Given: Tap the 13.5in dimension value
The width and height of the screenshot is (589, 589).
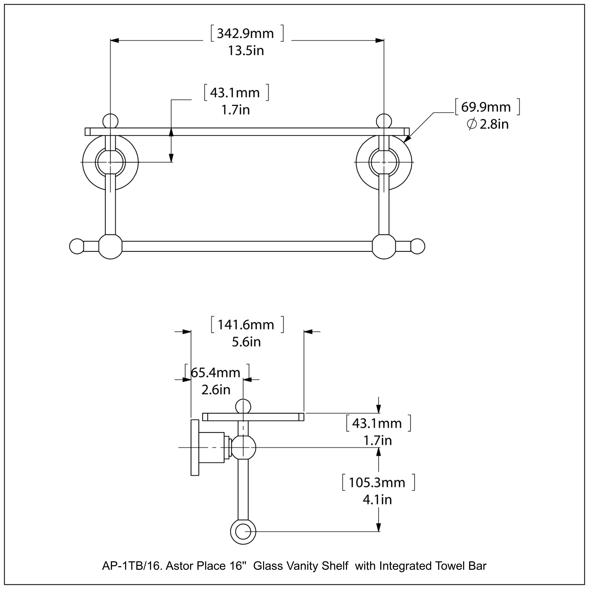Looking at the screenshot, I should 246,51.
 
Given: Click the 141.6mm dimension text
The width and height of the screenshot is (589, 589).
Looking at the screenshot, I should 246,325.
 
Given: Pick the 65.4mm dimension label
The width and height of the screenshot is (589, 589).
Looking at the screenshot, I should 216,373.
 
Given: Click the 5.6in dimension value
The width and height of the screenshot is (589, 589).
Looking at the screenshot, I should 246,342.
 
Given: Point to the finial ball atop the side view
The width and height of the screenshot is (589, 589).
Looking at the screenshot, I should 243,407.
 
